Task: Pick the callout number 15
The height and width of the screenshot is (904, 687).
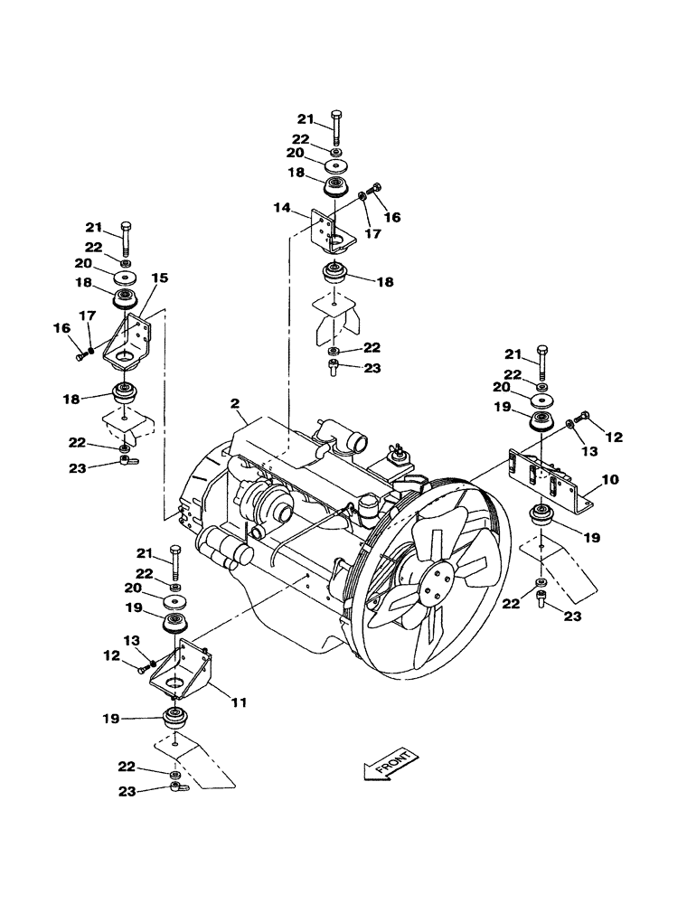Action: click(x=160, y=279)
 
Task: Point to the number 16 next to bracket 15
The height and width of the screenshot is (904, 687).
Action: click(x=61, y=328)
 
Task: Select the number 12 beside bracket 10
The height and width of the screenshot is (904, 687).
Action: click(x=614, y=438)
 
